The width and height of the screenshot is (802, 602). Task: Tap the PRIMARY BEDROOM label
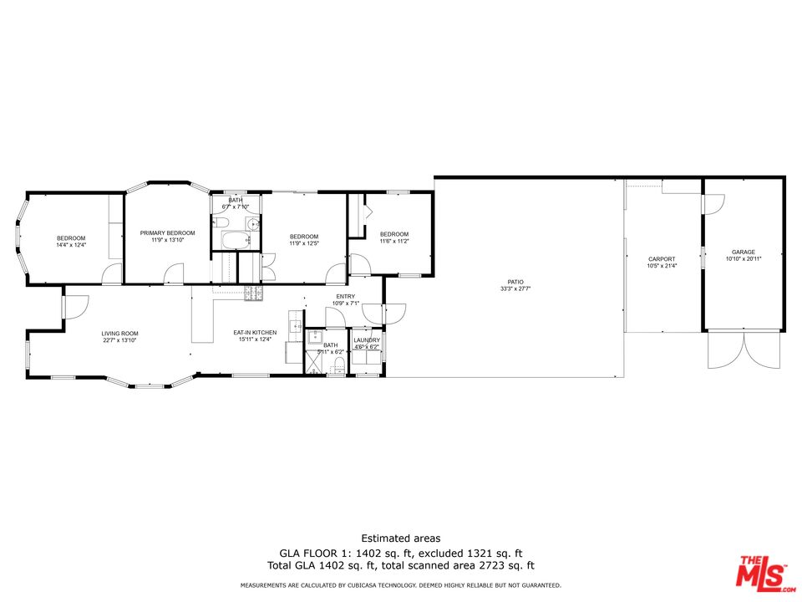coord(167,232)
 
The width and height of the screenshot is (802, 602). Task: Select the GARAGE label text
coord(743,252)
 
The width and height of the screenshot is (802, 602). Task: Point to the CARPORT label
coord(662,259)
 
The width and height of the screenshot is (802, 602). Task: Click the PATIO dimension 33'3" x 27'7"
coord(515,288)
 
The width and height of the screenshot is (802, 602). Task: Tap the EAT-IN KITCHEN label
coord(255,333)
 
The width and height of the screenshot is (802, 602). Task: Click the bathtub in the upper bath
coord(235,241)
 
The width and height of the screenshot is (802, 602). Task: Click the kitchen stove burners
coord(254,292)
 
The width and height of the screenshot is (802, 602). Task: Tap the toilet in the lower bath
coord(339,364)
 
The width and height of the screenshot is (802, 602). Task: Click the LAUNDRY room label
coord(367,340)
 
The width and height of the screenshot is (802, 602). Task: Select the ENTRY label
coord(345,297)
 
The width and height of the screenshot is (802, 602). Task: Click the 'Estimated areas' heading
coord(400,538)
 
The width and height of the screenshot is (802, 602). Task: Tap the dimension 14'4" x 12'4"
coord(71,245)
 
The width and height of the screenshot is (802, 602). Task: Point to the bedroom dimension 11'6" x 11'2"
coord(394,241)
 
